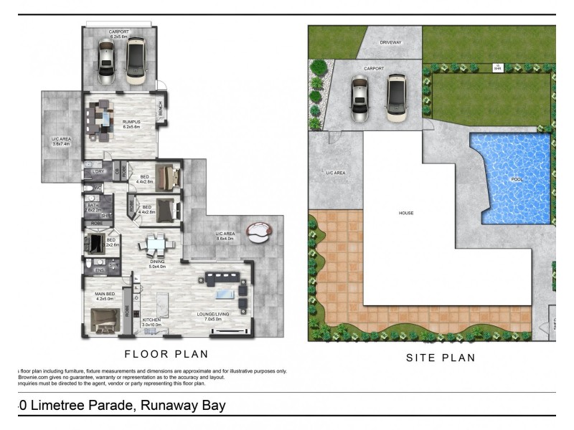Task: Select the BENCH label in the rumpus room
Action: [161, 112]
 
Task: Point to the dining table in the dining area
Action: [156, 244]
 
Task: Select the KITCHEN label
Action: [151, 322]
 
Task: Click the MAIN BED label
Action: [105, 295]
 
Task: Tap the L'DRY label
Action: [99, 172]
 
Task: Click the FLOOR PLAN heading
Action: [166, 353]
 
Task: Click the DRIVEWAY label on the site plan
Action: [391, 43]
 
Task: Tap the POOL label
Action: [517, 180]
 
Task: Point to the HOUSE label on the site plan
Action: [406, 213]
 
